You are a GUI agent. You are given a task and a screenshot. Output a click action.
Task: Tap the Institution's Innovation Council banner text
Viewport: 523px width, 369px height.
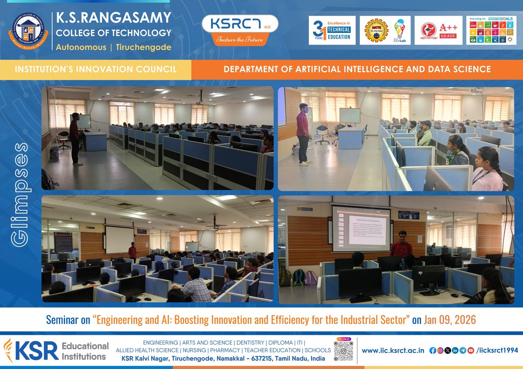(95, 70)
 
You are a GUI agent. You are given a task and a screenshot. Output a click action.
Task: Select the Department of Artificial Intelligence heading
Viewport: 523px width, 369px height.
(357, 70)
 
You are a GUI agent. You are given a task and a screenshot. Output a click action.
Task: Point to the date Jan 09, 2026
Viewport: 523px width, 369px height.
(450, 320)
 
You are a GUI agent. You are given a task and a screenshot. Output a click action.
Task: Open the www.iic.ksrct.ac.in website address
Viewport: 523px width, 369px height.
(393, 350)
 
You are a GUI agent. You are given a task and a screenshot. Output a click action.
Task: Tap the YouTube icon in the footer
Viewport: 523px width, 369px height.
(470, 350)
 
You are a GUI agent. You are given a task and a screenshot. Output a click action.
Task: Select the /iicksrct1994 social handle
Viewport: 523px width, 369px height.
(498, 350)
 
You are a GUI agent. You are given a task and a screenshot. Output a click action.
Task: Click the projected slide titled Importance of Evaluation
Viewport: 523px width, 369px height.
(361, 228)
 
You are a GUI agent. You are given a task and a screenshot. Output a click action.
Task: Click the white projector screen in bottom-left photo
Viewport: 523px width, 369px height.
(119, 239)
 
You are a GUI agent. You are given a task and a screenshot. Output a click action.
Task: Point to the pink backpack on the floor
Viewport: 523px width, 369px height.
(310, 278)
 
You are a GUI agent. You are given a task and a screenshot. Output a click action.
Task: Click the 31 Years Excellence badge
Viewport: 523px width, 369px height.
(332, 30)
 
